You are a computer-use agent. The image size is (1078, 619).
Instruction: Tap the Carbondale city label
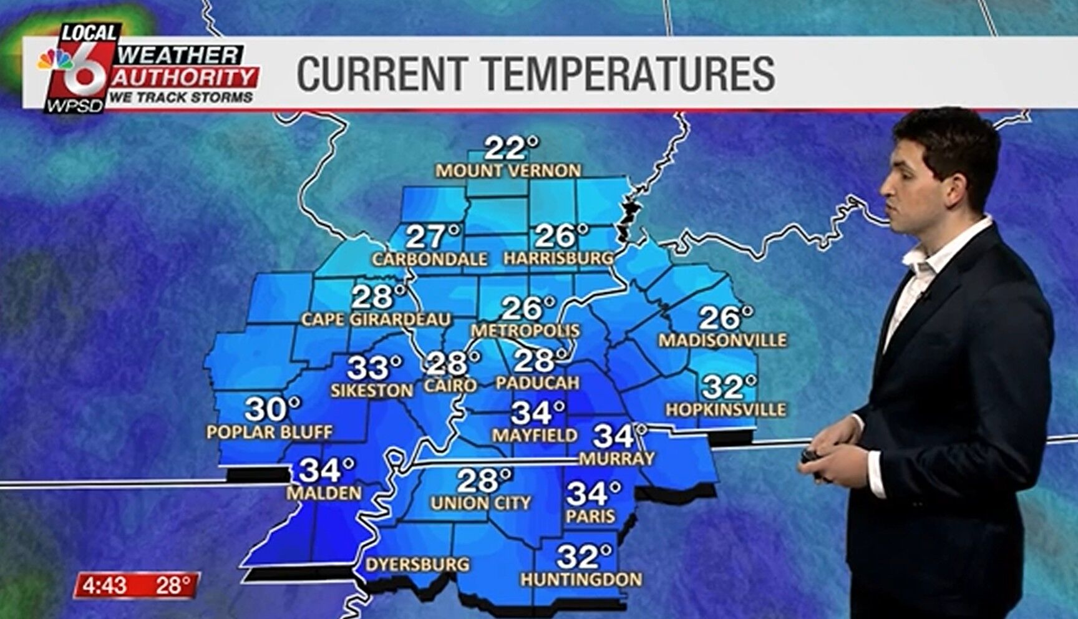click(429, 259)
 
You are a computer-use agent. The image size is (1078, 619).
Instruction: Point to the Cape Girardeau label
click(376, 319)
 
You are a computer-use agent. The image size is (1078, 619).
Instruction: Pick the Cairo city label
click(450, 386)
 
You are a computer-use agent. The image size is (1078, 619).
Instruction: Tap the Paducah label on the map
click(537, 383)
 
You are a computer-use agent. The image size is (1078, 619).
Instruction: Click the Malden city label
click(324, 493)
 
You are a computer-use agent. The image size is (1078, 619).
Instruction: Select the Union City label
click(480, 503)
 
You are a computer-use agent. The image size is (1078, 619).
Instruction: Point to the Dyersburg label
click(417, 565)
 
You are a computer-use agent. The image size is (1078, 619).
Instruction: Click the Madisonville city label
click(722, 341)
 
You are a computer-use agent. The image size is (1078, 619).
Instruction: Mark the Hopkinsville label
click(726, 410)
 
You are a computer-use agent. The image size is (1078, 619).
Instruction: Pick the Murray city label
click(616, 459)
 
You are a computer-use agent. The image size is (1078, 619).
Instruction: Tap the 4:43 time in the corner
click(104, 586)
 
